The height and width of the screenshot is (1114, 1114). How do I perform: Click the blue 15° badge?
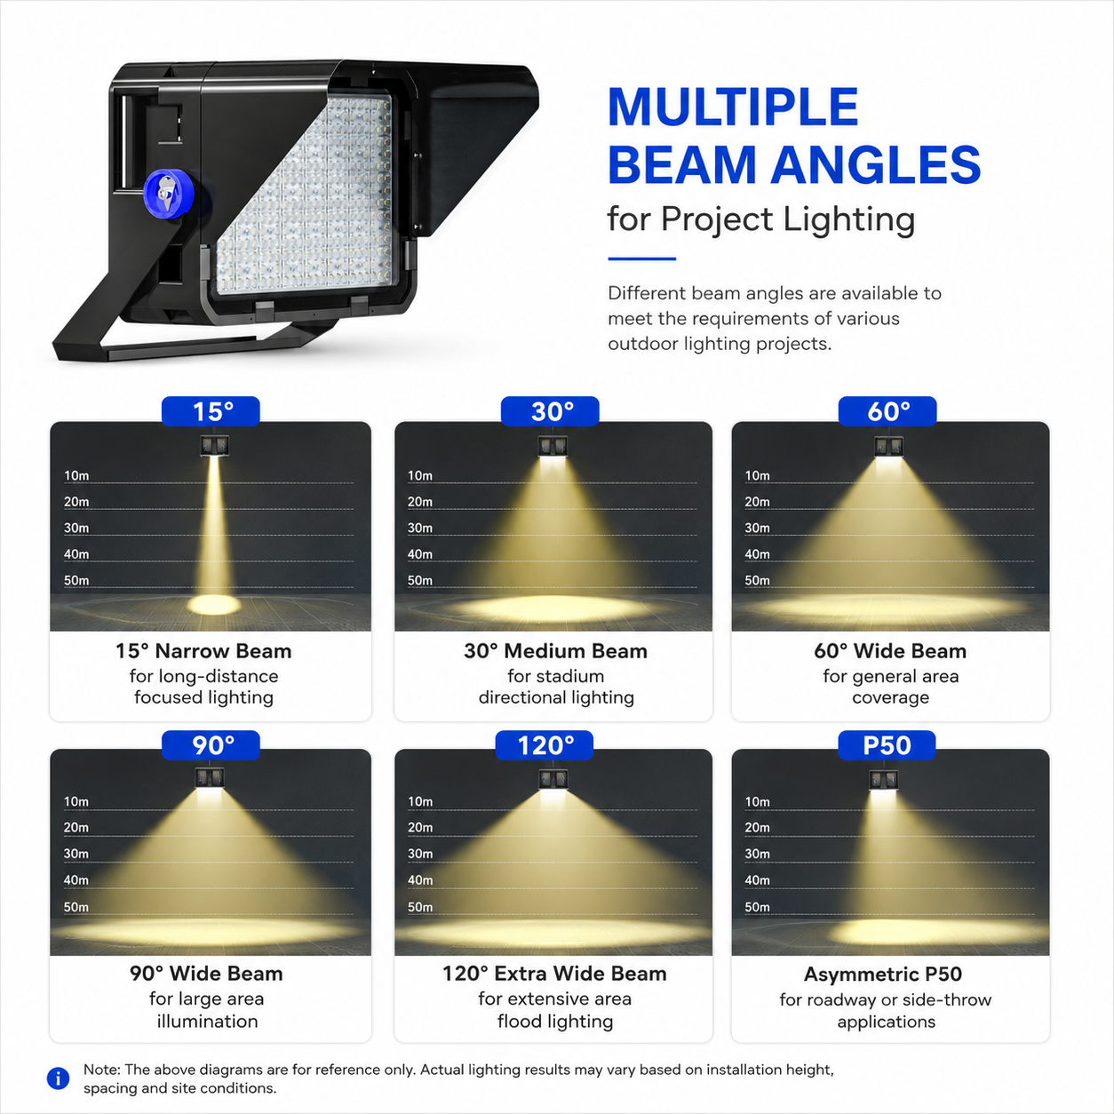(211, 411)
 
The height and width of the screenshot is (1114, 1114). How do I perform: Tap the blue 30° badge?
(550, 411)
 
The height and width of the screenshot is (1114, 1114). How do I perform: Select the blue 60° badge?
(887, 411)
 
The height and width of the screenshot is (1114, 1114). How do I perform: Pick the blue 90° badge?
(211, 745)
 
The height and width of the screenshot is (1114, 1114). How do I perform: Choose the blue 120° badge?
(545, 745)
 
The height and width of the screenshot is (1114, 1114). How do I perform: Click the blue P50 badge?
(887, 745)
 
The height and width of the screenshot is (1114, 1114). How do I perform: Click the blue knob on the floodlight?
(168, 194)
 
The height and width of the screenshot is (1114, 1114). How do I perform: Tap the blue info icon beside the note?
(58, 1078)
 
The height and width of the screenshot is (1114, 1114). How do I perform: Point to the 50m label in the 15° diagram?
(76, 580)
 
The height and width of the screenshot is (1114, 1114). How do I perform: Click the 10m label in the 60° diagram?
(757, 476)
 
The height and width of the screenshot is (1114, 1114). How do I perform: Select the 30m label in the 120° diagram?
(420, 854)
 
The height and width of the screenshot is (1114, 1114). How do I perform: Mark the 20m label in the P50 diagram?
(757, 828)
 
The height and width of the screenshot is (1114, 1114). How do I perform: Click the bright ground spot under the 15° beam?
(213, 605)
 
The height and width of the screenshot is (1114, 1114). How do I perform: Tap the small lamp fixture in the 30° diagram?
(553, 446)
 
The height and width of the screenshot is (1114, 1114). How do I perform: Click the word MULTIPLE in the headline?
(733, 107)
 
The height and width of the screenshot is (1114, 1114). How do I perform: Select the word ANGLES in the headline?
(876, 164)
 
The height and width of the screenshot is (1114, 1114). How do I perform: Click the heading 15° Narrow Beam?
(203, 651)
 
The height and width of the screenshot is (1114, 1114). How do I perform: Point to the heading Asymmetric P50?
(883, 975)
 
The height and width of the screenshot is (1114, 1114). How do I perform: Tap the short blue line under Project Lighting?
(641, 259)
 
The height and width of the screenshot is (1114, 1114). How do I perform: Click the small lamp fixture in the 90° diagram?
(210, 777)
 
